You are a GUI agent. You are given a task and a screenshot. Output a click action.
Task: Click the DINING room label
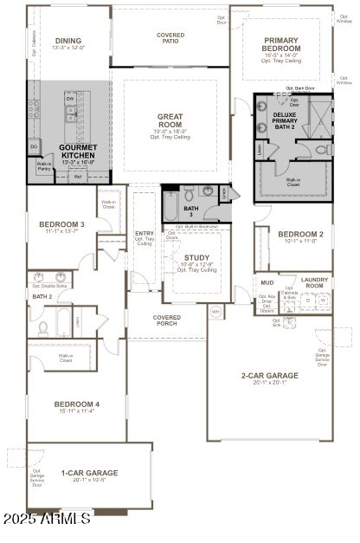[67, 41]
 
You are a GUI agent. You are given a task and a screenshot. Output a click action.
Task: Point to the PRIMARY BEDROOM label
[282, 43]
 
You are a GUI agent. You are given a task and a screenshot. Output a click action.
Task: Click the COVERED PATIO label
[170, 37]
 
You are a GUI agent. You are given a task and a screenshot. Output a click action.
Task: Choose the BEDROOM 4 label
[76, 404]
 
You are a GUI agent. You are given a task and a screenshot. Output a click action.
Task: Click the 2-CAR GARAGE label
[269, 376]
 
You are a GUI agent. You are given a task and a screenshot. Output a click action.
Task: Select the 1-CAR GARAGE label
[89, 473]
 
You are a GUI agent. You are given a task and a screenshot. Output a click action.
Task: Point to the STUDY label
[196, 258]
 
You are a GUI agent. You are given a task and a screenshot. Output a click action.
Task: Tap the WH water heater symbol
[216, 311]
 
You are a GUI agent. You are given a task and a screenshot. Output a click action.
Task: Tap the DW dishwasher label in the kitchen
[69, 99]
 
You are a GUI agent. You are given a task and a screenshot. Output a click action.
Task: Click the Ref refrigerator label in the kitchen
[78, 176]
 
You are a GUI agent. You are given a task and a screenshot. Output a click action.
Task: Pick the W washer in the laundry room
[323, 301]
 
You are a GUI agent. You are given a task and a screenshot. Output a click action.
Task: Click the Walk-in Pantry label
[44, 166]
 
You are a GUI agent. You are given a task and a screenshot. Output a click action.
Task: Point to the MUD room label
[268, 282]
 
